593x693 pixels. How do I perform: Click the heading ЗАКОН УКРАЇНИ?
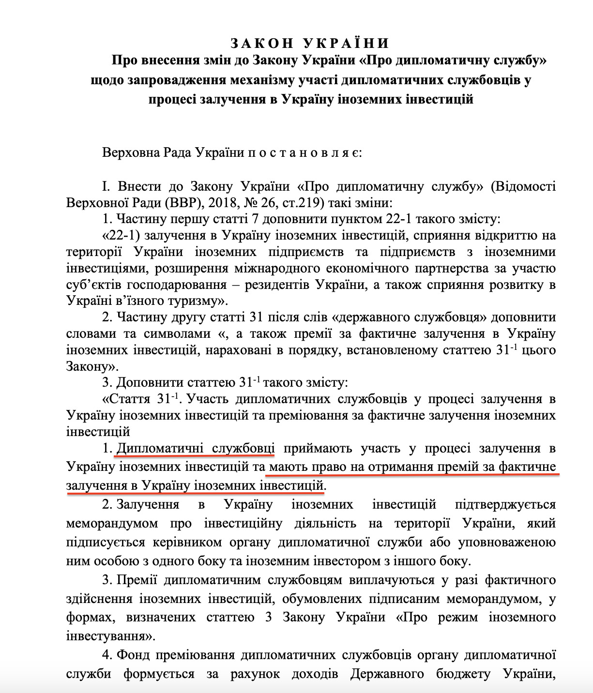point(310,44)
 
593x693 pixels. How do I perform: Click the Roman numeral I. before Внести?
point(106,186)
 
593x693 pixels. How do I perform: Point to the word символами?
point(177,334)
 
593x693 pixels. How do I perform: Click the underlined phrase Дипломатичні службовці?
point(196,448)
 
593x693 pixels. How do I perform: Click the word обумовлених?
point(322,599)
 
